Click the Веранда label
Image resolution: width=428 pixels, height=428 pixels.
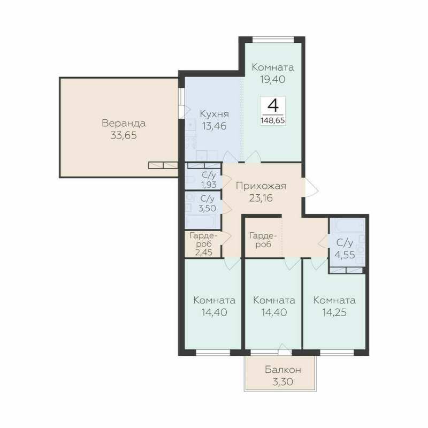pyautogui.click(x=124, y=124)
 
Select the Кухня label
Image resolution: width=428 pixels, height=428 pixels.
pyautogui.click(x=215, y=114)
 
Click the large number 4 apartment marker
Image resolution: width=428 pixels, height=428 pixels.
pyautogui.click(x=273, y=104)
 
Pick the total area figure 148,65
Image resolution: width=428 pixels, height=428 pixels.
pyautogui.click(x=273, y=120)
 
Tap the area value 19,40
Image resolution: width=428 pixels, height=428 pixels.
pyautogui.click(x=273, y=80)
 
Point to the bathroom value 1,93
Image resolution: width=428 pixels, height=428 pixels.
pyautogui.click(x=209, y=185)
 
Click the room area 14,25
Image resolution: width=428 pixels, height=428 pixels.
pyautogui.click(x=334, y=312)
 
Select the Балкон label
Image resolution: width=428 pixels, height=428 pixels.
pyautogui.click(x=283, y=370)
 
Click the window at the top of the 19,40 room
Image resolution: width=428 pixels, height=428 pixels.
pyautogui.click(x=273, y=39)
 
